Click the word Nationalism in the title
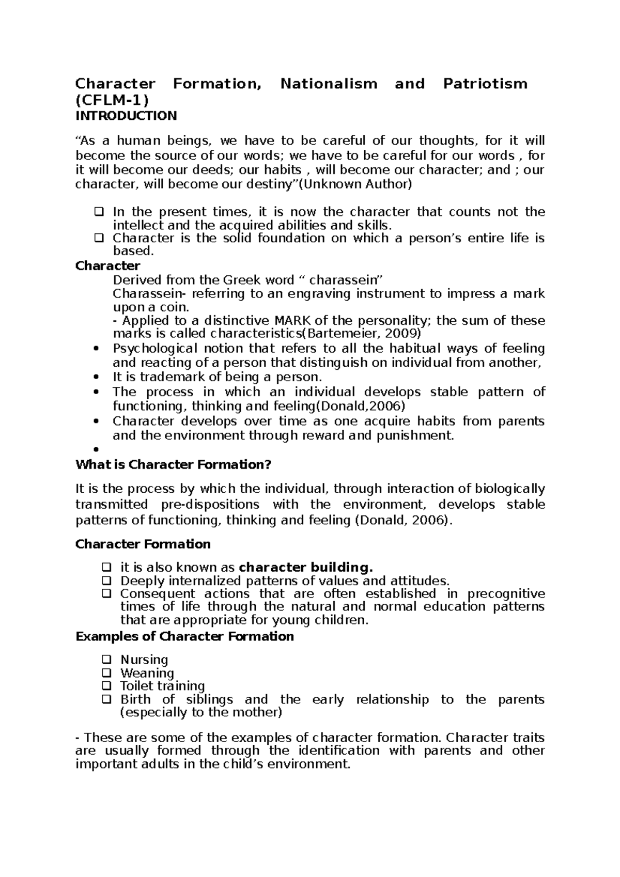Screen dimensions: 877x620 tap(329, 84)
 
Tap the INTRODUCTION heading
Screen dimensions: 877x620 tap(126, 116)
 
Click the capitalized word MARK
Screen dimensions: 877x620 tap(292, 320)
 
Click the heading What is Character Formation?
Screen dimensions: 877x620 tap(173, 465)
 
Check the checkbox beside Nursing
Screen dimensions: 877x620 tap(106, 660)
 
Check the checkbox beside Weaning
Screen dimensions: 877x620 tap(106, 673)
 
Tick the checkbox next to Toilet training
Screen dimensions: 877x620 tap(106, 686)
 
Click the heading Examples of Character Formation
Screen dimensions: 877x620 tap(184, 636)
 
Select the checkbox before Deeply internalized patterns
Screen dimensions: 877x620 tap(106, 581)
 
